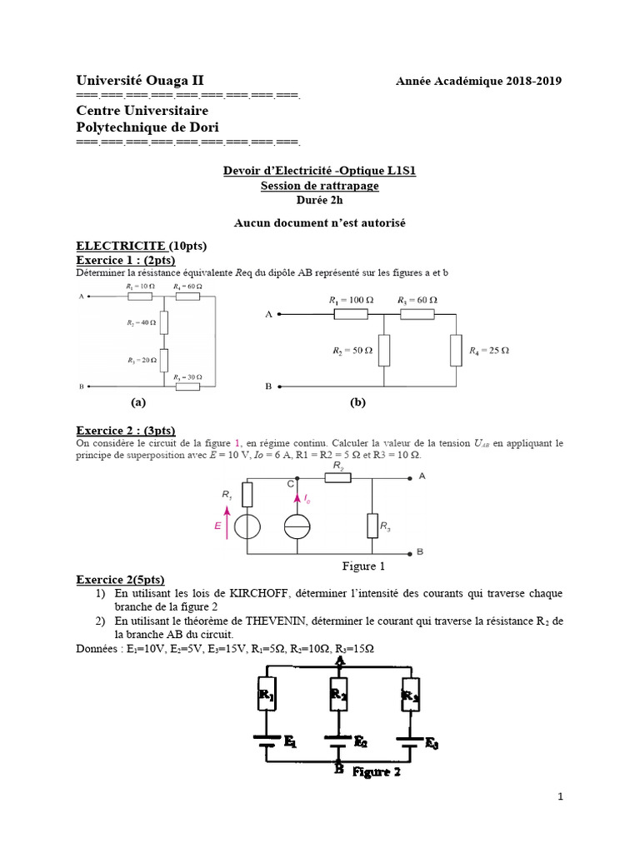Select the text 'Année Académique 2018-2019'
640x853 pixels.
[478, 81]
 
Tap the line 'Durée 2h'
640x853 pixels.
[319, 200]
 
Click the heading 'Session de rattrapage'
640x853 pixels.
[319, 186]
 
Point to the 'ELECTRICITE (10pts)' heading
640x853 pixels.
[141, 246]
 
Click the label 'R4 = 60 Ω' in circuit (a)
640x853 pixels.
[188, 287]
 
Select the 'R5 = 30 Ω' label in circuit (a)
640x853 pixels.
[188, 377]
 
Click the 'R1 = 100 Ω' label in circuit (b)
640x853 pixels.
[350, 299]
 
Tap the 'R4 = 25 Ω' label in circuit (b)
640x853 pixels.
[489, 351]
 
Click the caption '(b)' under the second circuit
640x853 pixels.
[358, 402]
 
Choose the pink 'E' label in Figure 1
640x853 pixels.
[217, 527]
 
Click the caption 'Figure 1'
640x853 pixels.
[363, 566]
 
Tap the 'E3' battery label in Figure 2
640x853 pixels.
[432, 744]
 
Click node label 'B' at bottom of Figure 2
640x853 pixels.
[339, 770]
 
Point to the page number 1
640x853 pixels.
[561, 796]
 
